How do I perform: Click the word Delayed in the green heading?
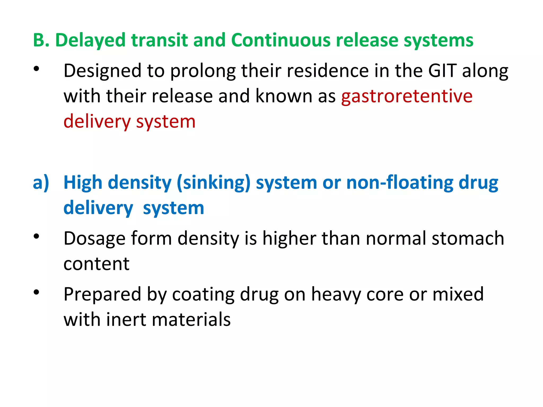tap(90, 40)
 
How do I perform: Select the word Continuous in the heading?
tap(281, 40)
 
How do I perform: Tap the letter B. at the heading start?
tap(41, 40)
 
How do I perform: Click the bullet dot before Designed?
tap(36, 69)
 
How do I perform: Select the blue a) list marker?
tap(41, 183)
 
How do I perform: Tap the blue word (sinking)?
tap(213, 183)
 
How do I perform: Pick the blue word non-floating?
tap(400, 183)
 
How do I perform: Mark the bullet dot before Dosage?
tap(36, 236)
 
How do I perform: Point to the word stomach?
tap(468, 238)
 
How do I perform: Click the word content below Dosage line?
tap(97, 264)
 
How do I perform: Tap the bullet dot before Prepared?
tap(36, 292)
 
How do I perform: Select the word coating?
tap(203, 295)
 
